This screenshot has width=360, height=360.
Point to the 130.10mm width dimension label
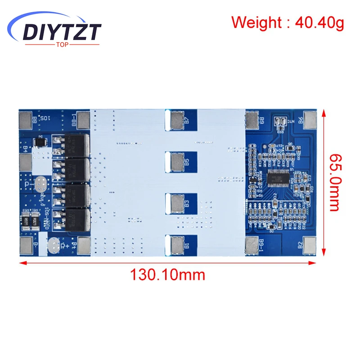[x=167, y=274]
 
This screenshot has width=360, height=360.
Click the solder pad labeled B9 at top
[x=252, y=119]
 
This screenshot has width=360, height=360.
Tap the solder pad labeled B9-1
[x=252, y=245]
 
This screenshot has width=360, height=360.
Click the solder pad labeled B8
[x=25, y=119]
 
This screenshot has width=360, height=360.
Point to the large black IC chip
[x=277, y=179]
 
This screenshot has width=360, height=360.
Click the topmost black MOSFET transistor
[x=76, y=144]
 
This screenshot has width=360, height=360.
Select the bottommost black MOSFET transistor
[x=76, y=220]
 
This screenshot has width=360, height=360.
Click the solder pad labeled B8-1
[x=83, y=120]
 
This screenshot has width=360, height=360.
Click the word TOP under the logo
[x=63, y=44]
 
